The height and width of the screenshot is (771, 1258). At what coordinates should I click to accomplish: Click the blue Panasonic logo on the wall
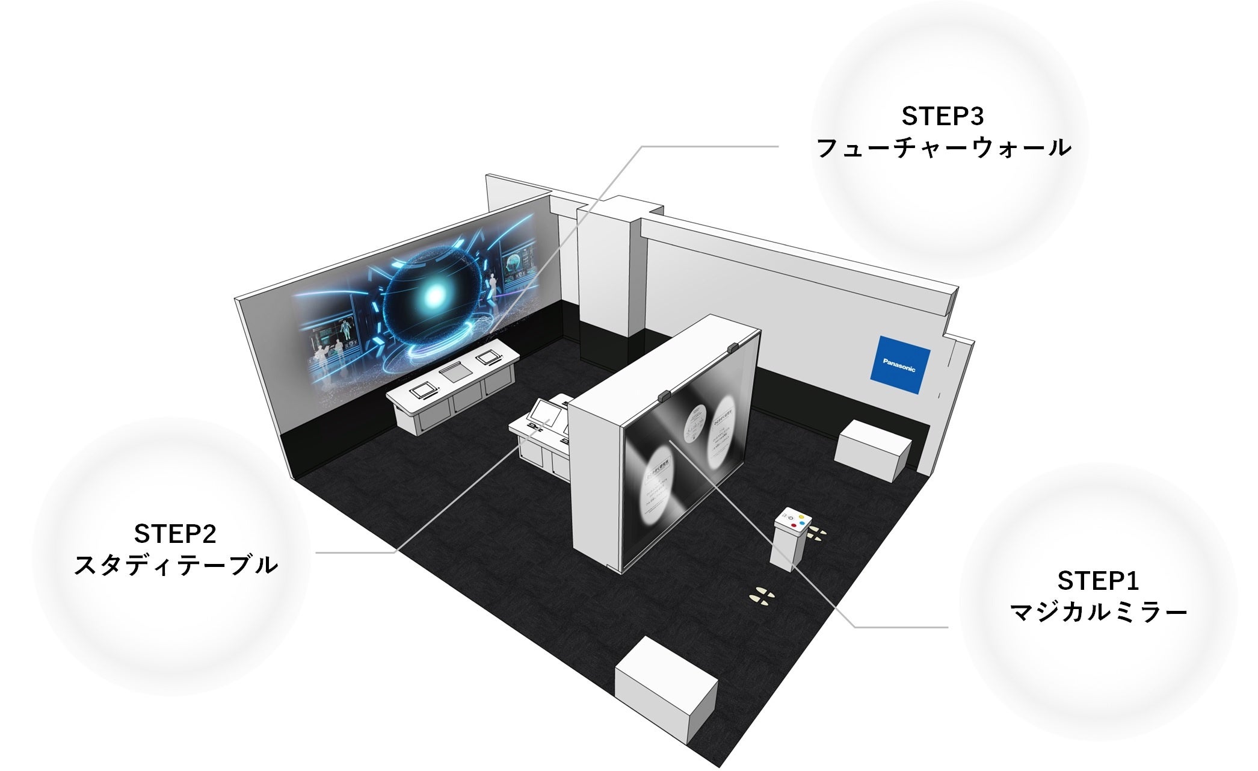[x=900, y=365]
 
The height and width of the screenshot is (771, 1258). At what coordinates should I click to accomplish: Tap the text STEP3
[x=942, y=116]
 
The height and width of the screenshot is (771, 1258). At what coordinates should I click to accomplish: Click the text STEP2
[x=174, y=533]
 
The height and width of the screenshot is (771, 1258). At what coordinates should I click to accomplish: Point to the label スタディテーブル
[x=175, y=565]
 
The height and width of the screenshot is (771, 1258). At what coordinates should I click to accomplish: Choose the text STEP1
[x=1098, y=581]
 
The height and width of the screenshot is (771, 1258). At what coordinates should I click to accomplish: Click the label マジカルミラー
[x=1098, y=613]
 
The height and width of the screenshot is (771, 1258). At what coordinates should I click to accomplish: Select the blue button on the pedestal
[x=804, y=523]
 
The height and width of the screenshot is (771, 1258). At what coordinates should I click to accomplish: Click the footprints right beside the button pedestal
[x=816, y=533]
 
